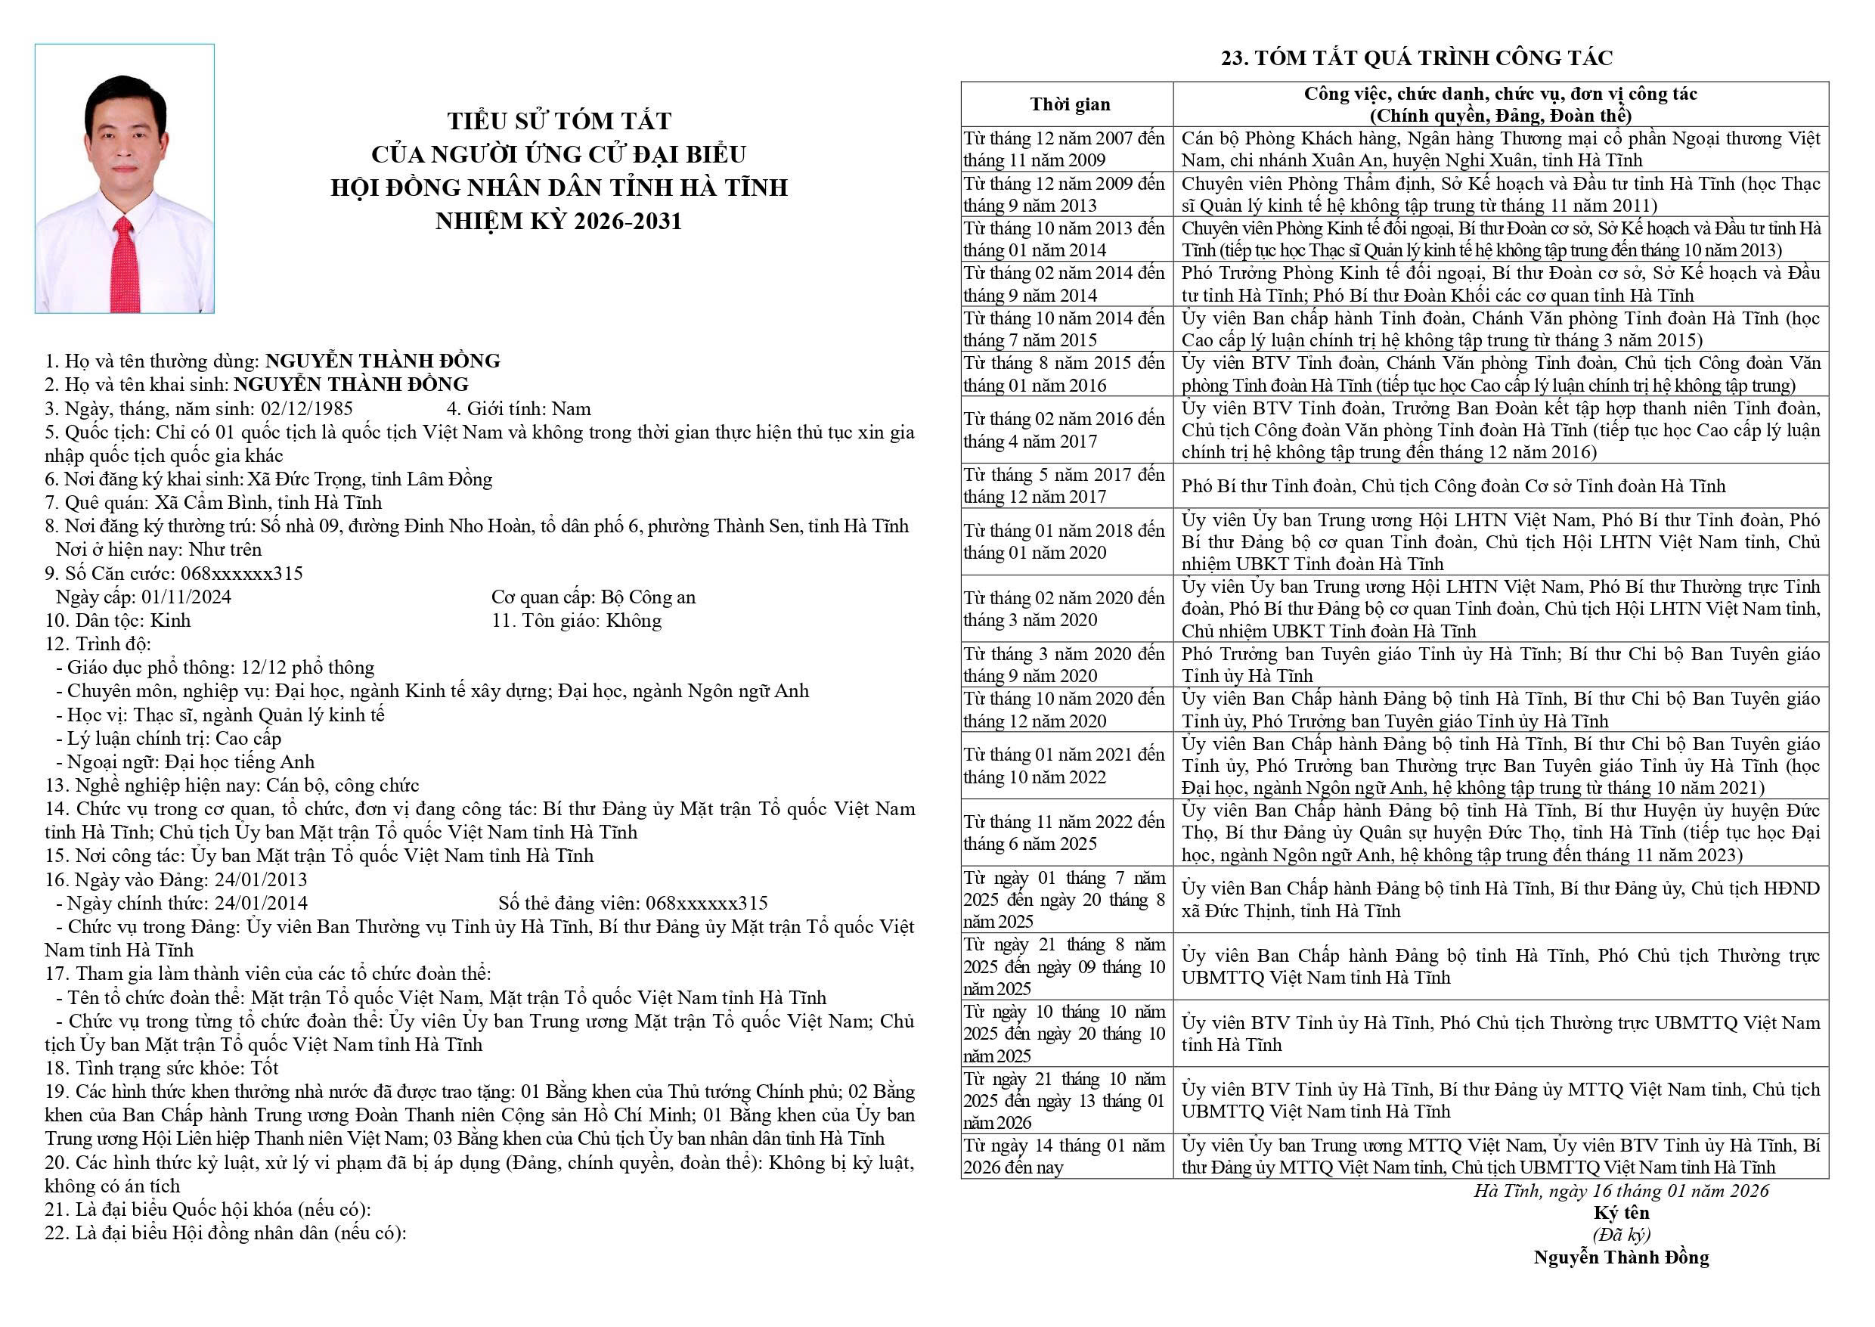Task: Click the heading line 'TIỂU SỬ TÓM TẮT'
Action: coord(559,121)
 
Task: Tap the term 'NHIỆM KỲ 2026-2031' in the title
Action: coord(559,222)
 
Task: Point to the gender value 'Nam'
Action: coord(571,408)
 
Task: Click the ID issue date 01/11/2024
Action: coord(186,597)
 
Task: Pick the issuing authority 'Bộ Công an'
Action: coord(648,597)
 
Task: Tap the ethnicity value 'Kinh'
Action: coord(170,620)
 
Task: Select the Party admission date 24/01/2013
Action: coord(261,879)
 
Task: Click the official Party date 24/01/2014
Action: coord(261,903)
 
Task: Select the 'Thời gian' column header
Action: coord(1070,104)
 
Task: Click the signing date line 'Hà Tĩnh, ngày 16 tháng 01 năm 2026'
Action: coord(1621,1191)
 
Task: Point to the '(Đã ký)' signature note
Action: coord(1621,1235)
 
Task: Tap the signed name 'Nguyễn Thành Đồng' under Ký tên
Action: coord(1621,1257)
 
